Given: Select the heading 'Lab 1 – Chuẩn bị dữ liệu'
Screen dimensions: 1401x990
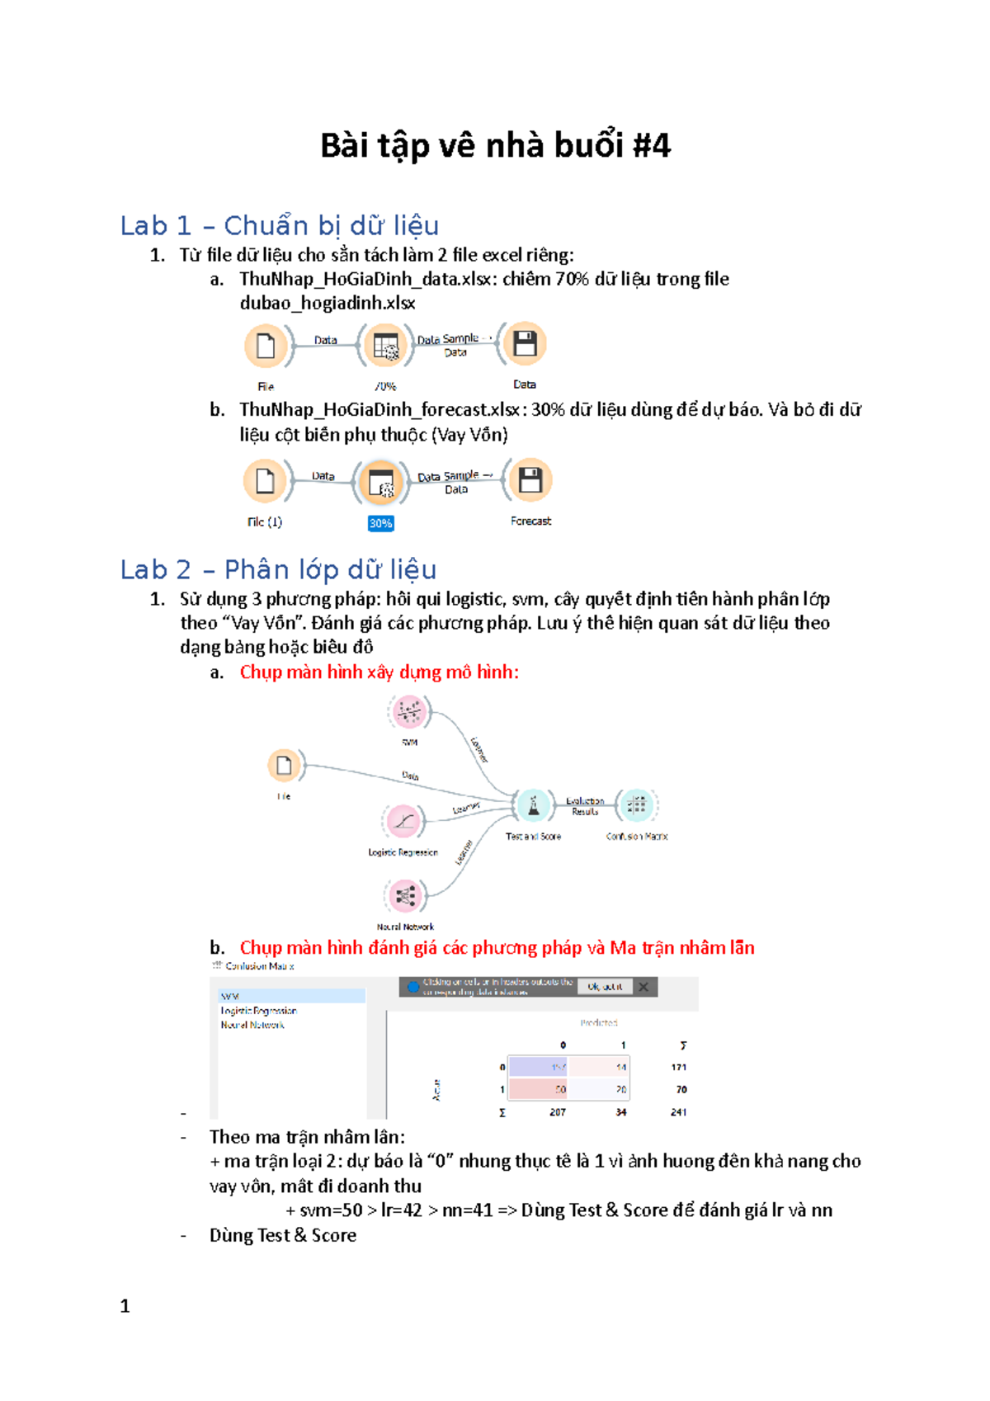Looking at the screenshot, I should coord(279,225).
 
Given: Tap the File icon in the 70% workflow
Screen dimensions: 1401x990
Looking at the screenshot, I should coord(266,345).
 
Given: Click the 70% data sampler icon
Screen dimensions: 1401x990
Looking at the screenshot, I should coord(385,345).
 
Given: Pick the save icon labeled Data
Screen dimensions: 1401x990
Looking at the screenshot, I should coord(525,343).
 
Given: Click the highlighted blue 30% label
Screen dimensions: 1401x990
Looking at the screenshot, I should coord(380,523).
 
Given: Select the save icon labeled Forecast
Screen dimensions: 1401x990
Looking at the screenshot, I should coord(530,480).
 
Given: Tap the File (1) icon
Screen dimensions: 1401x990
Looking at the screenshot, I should coord(265,481).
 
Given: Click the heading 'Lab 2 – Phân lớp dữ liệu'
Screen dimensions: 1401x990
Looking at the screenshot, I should coord(278,569).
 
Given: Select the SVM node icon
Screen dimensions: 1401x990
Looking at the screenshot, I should coord(409,711).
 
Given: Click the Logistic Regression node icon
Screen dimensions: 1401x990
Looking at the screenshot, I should coord(403,821).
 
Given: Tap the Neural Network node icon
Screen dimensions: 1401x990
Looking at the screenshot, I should coord(405,896).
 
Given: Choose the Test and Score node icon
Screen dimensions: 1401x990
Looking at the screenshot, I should coord(534,805).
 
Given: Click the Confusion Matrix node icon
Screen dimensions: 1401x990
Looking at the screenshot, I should coord(636,805).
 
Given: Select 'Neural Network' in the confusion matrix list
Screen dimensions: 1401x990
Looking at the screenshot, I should coord(252,1025).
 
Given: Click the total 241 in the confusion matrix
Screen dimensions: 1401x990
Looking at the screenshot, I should coord(678,1112).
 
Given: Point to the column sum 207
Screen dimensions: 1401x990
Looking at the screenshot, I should coord(558,1112).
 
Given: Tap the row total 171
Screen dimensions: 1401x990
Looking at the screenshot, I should coord(678,1067).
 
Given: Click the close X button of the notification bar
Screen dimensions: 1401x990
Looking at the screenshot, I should coord(643,987).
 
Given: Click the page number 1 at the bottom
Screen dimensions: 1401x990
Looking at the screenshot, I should coord(125,1306).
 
